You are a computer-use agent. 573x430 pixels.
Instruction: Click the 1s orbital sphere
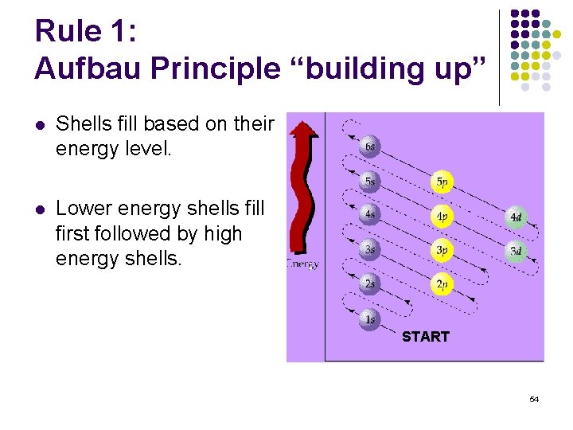[368, 320]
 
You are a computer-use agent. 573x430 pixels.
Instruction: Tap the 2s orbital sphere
[368, 284]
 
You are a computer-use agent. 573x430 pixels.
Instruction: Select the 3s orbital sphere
[368, 250]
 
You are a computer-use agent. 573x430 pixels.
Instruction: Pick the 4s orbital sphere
[368, 215]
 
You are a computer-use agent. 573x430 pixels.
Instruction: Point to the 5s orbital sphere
[368, 181]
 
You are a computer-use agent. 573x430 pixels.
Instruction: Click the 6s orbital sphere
[368, 147]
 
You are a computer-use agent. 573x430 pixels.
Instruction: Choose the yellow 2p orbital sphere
[442, 284]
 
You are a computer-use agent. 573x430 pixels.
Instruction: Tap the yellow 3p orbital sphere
[442, 250]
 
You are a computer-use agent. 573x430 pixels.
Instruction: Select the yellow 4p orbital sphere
[442, 216]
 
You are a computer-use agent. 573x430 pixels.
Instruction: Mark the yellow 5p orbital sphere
[442, 182]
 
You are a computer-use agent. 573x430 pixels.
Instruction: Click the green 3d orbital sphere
[516, 251]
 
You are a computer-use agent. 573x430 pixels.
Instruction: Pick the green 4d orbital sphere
[516, 217]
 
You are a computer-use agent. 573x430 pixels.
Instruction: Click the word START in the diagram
[425, 337]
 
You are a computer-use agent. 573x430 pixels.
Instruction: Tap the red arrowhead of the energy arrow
[302, 129]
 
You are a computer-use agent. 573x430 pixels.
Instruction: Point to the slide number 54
[534, 399]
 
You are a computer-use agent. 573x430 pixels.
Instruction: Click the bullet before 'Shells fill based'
[40, 125]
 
